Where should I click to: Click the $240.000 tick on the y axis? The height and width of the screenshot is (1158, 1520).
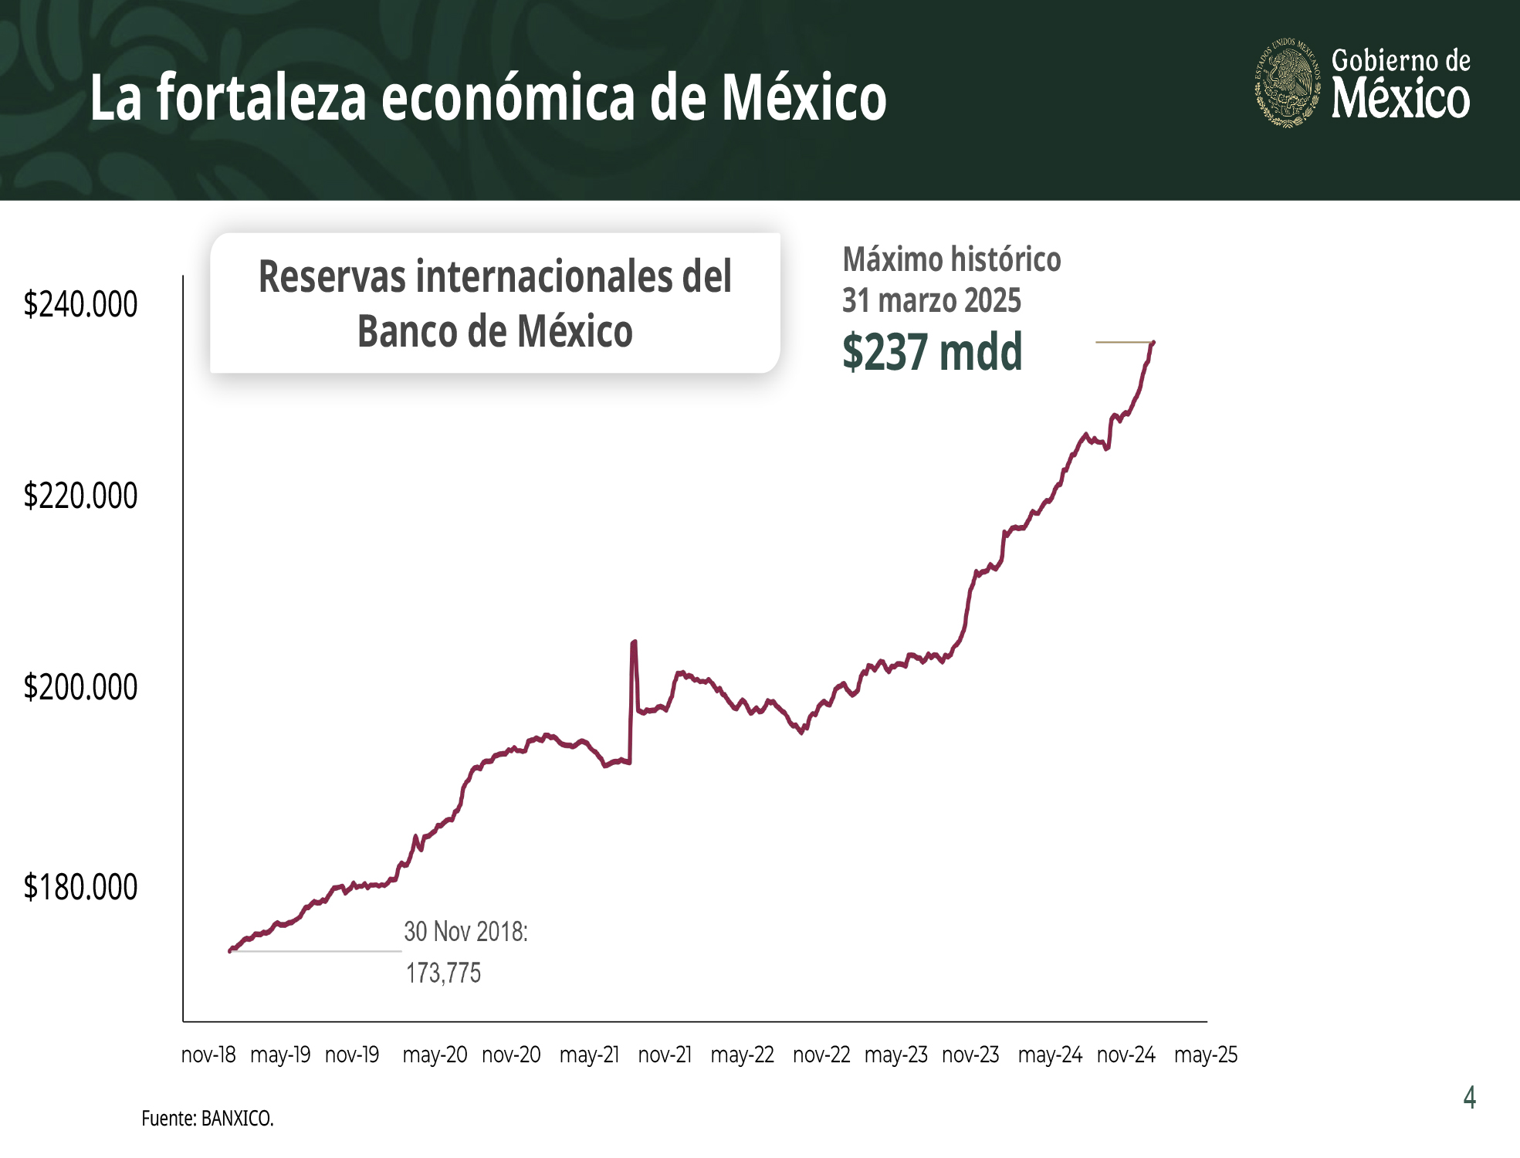pos(80,305)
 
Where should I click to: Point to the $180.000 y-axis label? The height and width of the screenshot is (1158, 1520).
pos(80,888)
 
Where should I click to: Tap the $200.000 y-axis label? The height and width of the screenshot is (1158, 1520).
pos(80,688)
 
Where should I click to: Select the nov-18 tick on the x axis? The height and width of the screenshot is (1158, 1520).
pos(208,1055)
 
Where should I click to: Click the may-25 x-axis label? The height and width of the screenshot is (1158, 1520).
pos(1205,1055)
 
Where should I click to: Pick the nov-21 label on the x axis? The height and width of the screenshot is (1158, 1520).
pos(665,1055)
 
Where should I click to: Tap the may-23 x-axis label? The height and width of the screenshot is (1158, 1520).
pos(895,1055)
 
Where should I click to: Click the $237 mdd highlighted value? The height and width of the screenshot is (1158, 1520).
pos(932,352)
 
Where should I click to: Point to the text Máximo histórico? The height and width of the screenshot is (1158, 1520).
pos(951,259)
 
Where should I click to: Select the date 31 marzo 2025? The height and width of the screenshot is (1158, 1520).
pos(931,300)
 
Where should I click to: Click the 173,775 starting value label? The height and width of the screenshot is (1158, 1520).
pos(443,973)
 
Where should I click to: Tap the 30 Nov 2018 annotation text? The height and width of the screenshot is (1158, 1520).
pos(465,932)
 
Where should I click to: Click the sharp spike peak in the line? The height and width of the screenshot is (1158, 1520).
pos(634,642)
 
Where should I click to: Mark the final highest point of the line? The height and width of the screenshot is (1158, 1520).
pos(1153,342)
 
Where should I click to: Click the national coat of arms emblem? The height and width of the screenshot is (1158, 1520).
pos(1287,82)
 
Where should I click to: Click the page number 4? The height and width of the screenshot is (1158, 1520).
pos(1469,1097)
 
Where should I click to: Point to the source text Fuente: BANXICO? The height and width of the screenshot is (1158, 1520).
pos(207,1119)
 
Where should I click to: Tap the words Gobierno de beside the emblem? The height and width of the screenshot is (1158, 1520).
pos(1400,60)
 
